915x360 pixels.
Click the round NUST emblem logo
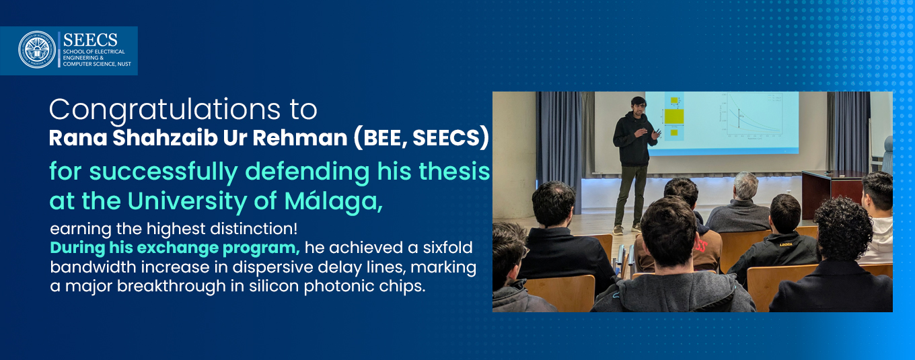point(37,49)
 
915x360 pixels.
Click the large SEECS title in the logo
point(90,40)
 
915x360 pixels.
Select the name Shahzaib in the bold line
point(165,138)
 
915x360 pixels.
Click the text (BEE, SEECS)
point(421,138)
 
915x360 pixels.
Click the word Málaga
point(333,201)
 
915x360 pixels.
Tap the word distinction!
point(254,228)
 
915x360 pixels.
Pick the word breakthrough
point(171,285)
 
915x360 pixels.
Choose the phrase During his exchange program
point(175,248)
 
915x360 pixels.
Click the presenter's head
point(638,106)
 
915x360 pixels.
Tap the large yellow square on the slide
point(674,116)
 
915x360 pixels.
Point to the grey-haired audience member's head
point(746,186)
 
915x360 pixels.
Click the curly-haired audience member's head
point(842,227)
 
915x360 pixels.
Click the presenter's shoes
point(627,229)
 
